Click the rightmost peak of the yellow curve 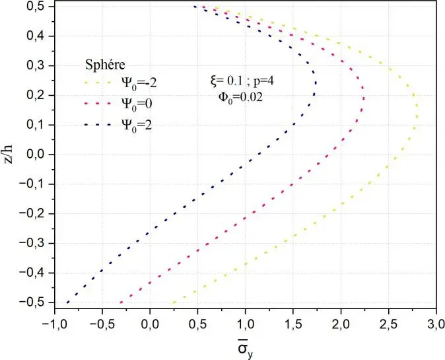pos(416,119)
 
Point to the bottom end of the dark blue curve pos(67,303)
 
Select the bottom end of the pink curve pos(120,303)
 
